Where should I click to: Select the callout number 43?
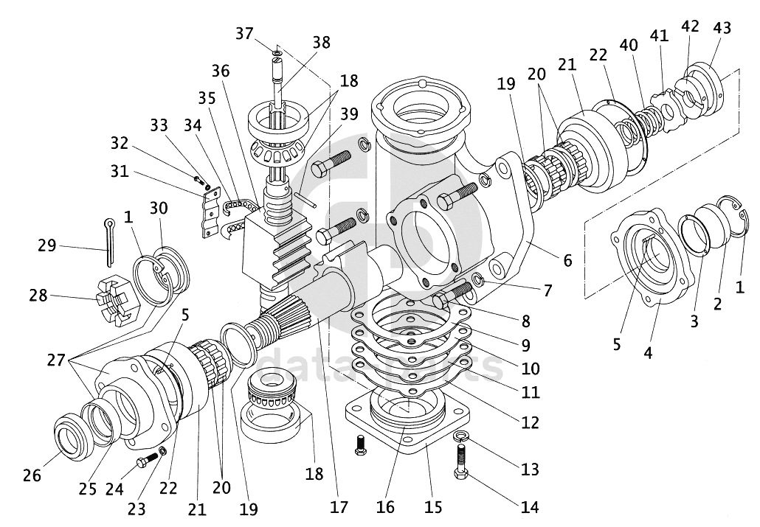click(722, 28)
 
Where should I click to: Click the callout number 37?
click(245, 33)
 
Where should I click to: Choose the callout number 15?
click(433, 507)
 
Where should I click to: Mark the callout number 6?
click(567, 260)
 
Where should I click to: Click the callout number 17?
click(339, 507)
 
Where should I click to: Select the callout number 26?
click(32, 475)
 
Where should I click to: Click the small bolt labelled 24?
click(147, 461)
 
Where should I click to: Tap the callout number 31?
click(119, 171)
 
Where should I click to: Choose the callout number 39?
click(349, 114)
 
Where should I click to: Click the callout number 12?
click(529, 422)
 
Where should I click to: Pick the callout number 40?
click(629, 43)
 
